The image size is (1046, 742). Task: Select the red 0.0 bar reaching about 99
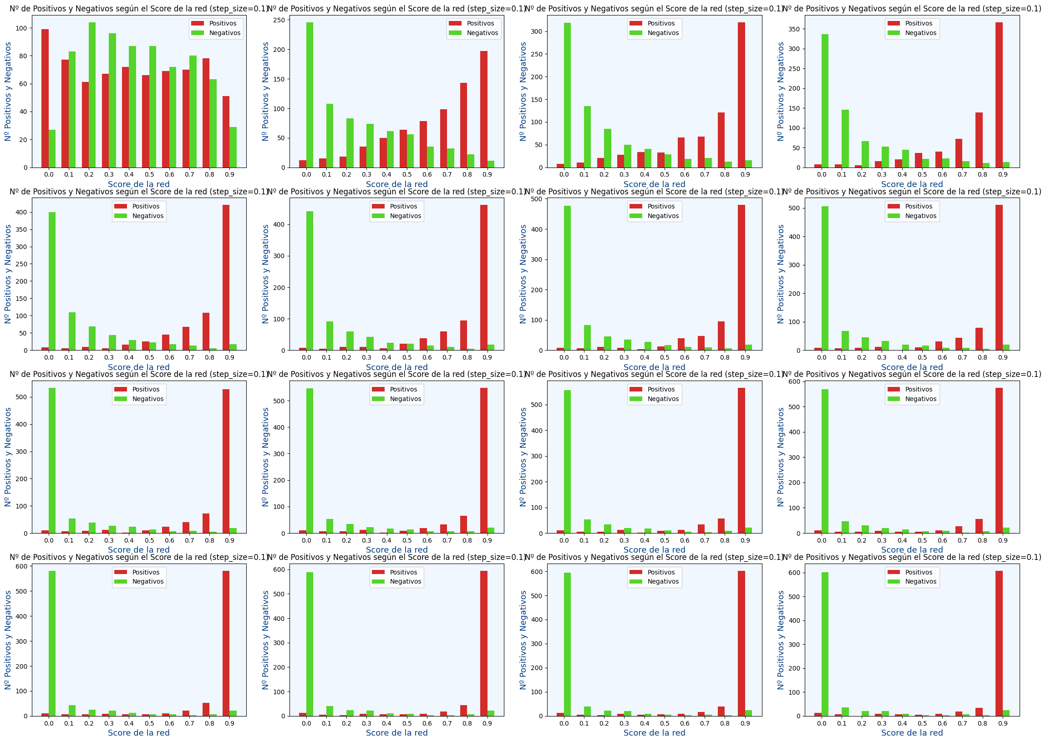(x=45, y=98)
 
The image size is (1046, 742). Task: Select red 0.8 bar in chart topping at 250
(x=464, y=125)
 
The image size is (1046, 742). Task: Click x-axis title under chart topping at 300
(x=654, y=184)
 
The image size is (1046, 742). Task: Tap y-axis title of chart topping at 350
(x=781, y=91)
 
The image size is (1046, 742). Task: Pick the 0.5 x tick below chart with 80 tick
(x=149, y=174)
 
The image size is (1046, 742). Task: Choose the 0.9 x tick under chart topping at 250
(x=487, y=174)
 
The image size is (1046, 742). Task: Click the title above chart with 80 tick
(x=138, y=9)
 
